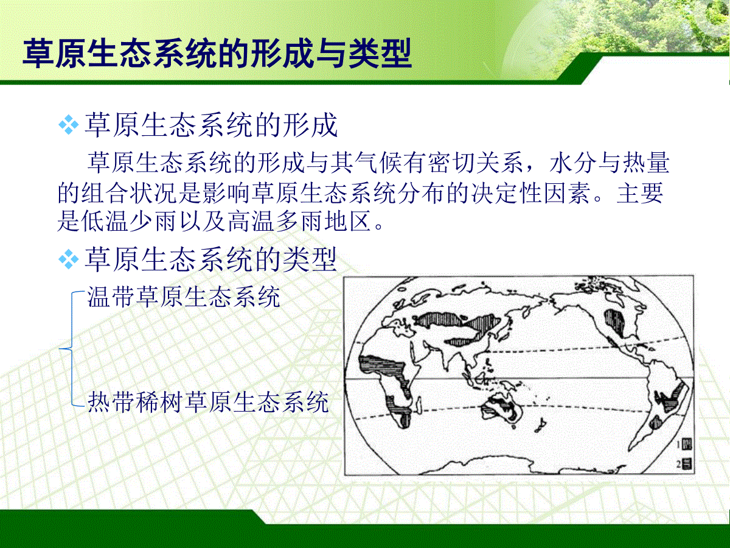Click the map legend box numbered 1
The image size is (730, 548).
[x=687, y=444]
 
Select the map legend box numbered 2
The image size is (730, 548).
[x=687, y=464]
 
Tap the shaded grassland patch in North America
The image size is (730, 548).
[x=614, y=323]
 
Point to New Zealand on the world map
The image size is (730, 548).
[x=540, y=426]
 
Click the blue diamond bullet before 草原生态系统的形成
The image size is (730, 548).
[x=69, y=125]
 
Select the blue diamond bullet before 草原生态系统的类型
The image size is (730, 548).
[x=69, y=259]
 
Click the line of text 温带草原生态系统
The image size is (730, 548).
[x=184, y=297]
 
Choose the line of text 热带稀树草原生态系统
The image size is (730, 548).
[x=208, y=402]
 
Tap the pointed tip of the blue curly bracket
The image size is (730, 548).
[x=60, y=349]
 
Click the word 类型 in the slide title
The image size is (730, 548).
[x=380, y=53]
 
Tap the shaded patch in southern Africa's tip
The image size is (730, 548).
[x=403, y=420]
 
